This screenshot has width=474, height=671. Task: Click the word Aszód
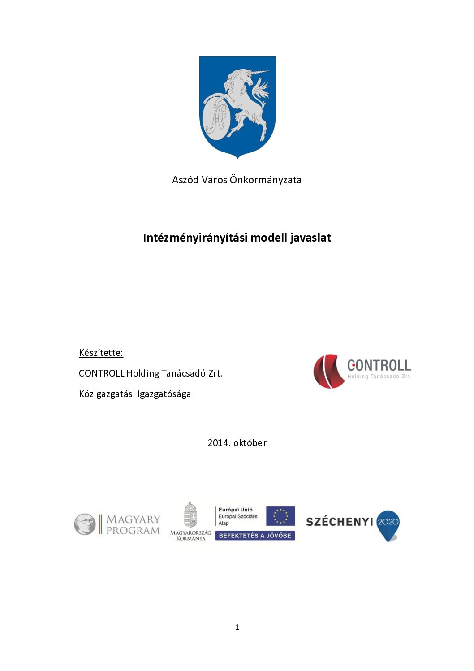point(185,180)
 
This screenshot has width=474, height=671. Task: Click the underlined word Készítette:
point(101,353)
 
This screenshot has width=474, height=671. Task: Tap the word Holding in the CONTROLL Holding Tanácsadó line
point(142,373)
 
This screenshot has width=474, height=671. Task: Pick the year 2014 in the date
point(218,443)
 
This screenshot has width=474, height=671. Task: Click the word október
point(250,443)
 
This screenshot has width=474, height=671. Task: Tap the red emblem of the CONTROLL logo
point(327,371)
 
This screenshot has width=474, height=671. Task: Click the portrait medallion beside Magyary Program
point(85,524)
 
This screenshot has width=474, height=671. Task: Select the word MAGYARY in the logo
point(133,519)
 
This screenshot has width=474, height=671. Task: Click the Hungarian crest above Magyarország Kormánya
point(190,515)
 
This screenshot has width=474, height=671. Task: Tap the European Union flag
point(280,516)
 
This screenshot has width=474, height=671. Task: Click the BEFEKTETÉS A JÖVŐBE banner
point(255,536)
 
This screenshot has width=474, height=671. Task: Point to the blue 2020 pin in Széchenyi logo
point(388,524)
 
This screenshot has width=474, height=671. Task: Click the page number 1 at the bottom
point(237,627)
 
